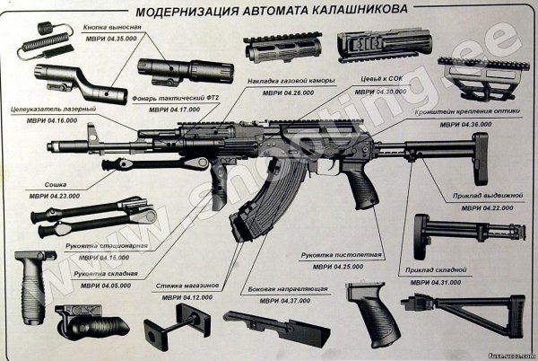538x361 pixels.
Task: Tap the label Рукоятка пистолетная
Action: pyautogui.click(x=334, y=254)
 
